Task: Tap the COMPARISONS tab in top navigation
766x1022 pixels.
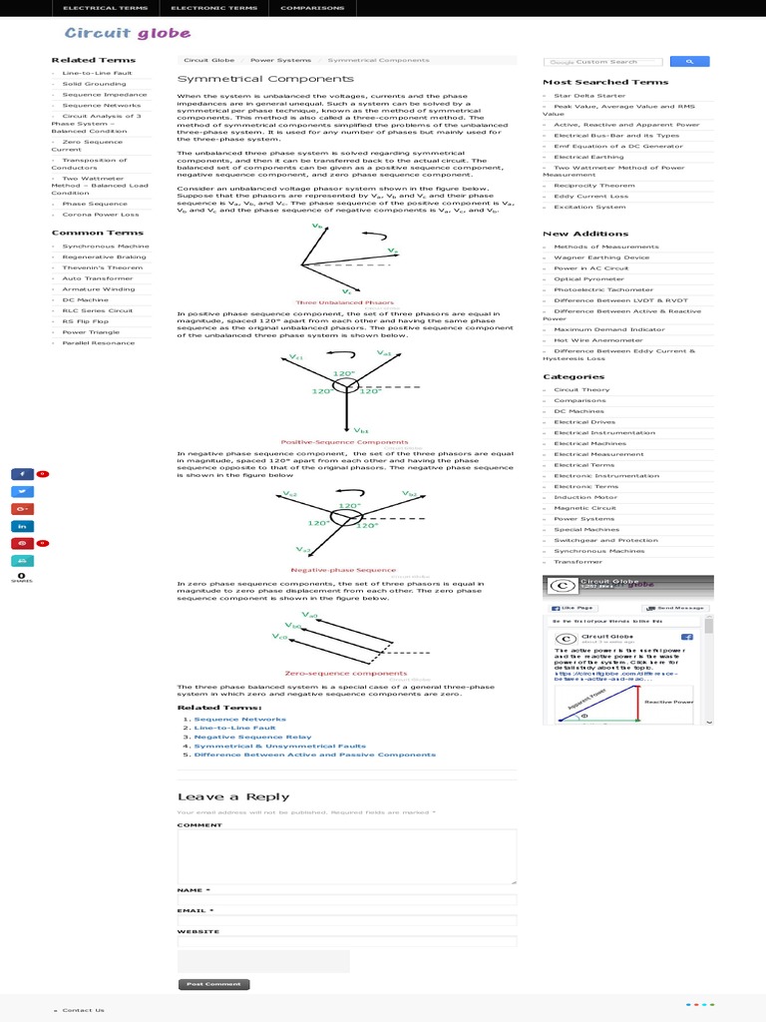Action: pos(313,8)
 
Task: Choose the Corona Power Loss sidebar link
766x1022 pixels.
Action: pos(101,214)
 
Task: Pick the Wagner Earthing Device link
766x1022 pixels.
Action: pos(601,256)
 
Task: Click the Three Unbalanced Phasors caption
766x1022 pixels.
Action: pos(331,301)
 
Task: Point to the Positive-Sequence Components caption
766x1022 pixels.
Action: pos(344,441)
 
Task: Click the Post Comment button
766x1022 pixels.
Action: pos(213,984)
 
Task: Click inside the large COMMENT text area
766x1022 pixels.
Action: pos(347,856)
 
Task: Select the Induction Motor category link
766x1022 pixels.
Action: pos(585,497)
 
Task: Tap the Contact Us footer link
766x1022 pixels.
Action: pos(83,1010)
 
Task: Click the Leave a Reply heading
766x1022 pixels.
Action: pos(233,796)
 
